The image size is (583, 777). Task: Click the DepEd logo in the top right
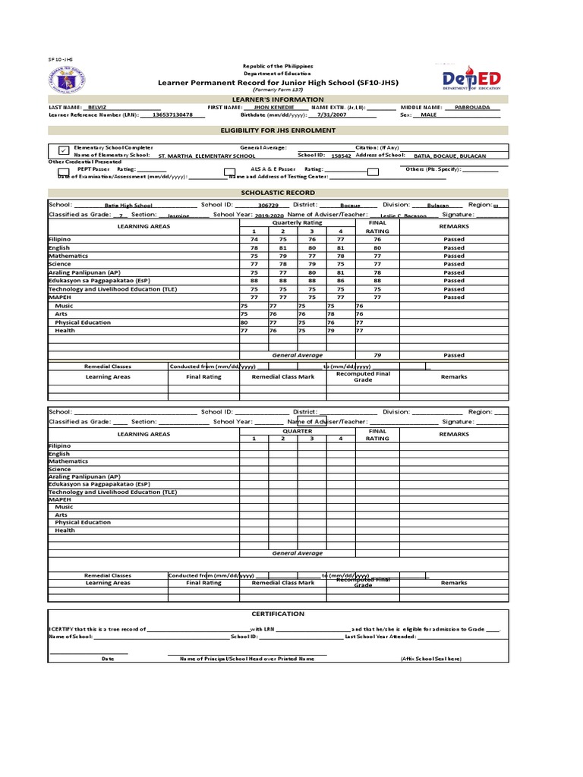[x=470, y=79]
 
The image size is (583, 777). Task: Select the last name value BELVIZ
[x=97, y=108]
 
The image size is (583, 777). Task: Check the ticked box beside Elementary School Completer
[x=63, y=150]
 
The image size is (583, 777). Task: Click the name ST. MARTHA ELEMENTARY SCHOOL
[x=206, y=156]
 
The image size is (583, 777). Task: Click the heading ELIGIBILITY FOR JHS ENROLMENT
[x=277, y=131]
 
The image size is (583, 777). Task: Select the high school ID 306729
[x=268, y=206]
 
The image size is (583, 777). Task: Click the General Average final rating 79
[x=377, y=355]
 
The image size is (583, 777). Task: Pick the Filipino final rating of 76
[x=377, y=239]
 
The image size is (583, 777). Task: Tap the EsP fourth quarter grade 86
[x=341, y=281]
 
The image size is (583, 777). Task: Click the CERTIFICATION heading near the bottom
[x=277, y=614]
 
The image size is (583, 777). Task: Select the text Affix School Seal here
[x=430, y=659]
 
